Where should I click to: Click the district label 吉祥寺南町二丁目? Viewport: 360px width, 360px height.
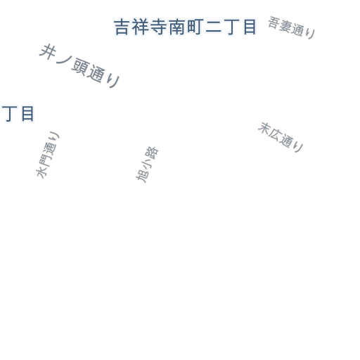[x=185, y=27]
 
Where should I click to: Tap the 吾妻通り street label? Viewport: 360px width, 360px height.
[x=292, y=27]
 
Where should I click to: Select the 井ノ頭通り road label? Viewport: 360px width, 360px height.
[x=79, y=66]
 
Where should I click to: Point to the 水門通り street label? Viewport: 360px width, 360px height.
[x=48, y=155]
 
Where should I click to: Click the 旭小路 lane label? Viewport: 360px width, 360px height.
[x=147, y=165]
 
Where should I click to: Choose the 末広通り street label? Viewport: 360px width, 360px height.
[x=281, y=137]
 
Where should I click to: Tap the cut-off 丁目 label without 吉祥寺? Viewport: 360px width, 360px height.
[x=18, y=114]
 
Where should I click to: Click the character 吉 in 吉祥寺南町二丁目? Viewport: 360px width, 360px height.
[x=122, y=27]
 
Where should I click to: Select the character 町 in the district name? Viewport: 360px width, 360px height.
[x=195, y=27]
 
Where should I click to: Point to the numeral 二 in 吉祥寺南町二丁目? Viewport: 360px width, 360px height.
[x=213, y=27]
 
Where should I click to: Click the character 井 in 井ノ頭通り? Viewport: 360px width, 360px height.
[x=48, y=52]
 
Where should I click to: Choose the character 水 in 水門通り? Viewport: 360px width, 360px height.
[x=41, y=173]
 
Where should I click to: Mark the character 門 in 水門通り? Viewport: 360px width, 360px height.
[x=45, y=160]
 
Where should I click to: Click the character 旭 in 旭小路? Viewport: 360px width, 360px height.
[x=142, y=176]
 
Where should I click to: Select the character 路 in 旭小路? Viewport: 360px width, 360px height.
[x=152, y=153]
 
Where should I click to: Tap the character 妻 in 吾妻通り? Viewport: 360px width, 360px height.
[x=285, y=25]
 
